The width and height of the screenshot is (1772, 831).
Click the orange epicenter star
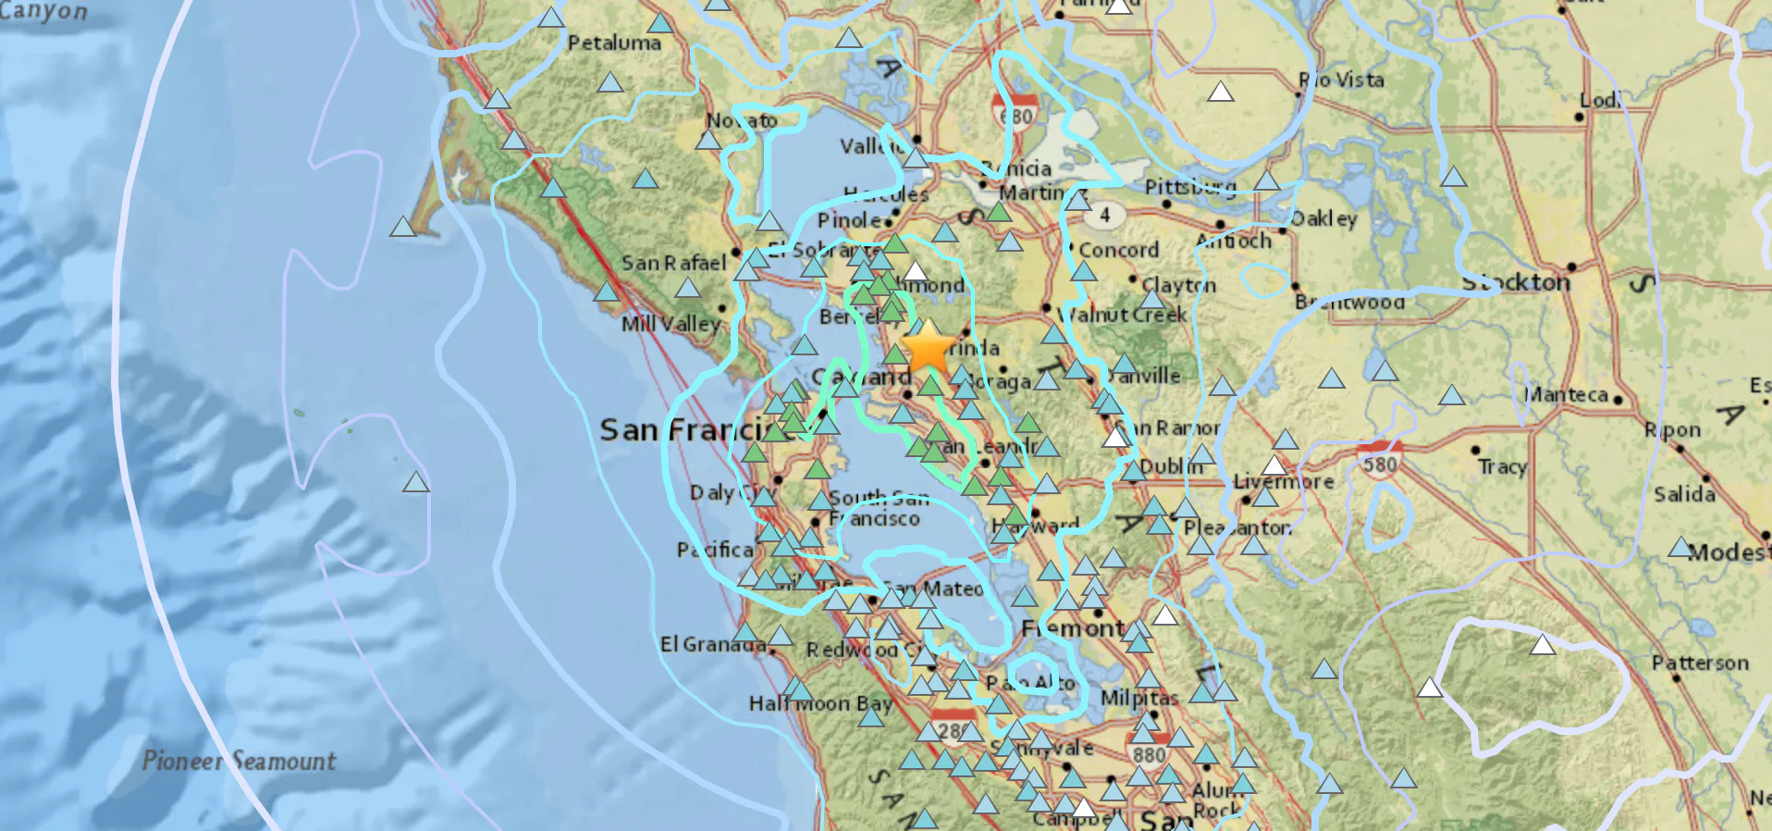[x=928, y=348]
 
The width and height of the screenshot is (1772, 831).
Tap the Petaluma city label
[x=614, y=43]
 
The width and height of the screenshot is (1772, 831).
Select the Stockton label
[x=1516, y=281]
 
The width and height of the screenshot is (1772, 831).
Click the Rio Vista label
[x=1342, y=80]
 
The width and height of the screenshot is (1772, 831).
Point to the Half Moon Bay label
[x=820, y=703]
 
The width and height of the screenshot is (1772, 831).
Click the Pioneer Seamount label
[x=239, y=761]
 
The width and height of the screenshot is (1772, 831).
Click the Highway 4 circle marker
[x=1104, y=215]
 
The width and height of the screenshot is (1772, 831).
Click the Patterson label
[x=1700, y=663]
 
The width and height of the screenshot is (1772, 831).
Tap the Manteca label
[x=1566, y=394]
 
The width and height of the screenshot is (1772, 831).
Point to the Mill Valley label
[x=670, y=324]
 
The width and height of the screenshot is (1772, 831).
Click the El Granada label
[x=713, y=644]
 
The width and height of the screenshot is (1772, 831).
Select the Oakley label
[x=1324, y=218]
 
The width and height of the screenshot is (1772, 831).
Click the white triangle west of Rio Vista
[x=1221, y=91]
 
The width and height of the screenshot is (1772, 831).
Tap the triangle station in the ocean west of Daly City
[x=416, y=481]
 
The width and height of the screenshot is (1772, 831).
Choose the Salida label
[x=1684, y=493]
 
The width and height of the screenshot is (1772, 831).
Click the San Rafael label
[x=673, y=263]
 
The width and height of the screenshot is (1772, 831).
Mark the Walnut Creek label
[x=1124, y=315]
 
